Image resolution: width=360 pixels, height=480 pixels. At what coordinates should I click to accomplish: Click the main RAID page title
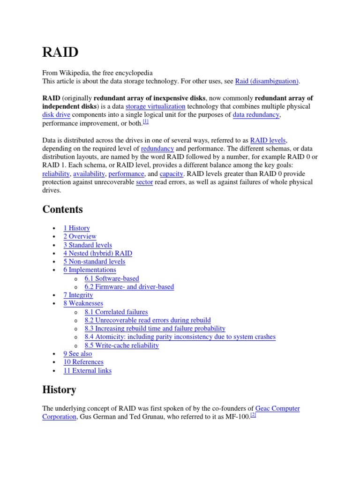(60, 52)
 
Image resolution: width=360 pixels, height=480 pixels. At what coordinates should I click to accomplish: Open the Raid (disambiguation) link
(267, 81)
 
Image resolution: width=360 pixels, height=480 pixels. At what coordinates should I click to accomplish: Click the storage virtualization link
(155, 106)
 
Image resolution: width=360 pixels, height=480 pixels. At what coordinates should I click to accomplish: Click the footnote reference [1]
(145, 122)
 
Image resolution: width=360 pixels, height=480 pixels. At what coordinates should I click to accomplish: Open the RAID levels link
(268, 140)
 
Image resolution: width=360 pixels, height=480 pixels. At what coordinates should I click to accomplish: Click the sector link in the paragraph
(144, 182)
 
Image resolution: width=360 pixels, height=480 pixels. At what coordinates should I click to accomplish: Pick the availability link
(89, 174)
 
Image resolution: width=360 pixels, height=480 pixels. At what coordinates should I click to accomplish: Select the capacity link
(171, 174)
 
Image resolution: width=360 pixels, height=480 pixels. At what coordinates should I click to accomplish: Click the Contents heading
(62, 209)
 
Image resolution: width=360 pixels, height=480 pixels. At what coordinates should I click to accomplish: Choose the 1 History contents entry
(76, 228)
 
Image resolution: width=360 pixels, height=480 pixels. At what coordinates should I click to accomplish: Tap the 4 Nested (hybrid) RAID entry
(97, 254)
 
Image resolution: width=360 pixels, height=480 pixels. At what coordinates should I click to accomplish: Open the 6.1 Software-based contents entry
(112, 278)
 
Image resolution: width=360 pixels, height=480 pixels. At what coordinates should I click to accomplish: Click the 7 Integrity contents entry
(78, 295)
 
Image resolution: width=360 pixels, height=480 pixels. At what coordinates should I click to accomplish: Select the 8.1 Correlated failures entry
(116, 312)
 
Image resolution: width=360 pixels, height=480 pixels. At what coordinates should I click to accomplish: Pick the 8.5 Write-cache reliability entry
(121, 345)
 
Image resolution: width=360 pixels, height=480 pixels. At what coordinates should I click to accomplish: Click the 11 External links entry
(87, 371)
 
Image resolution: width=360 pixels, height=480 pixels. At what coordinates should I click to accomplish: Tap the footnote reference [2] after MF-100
(253, 415)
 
